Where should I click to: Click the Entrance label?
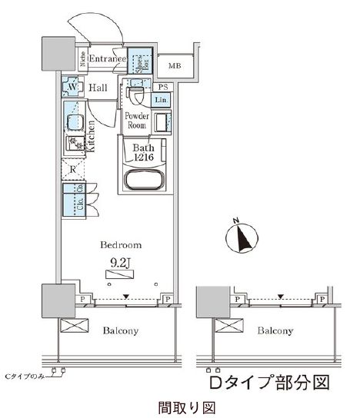tap(107, 59)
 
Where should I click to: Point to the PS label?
tap(162, 88)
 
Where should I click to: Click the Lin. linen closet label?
tap(162, 101)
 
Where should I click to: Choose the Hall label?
tap(98, 88)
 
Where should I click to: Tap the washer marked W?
tap(72, 88)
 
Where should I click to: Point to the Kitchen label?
tap(91, 138)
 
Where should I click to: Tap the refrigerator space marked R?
tap(72, 169)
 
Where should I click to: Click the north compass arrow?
tap(242, 237)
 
